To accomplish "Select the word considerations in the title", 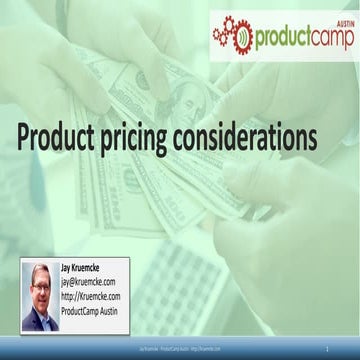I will [x=256, y=138].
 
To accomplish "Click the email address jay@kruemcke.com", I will [x=92, y=283].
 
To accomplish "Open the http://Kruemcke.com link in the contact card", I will [x=91, y=296].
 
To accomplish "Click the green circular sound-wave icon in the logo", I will [x=242, y=39].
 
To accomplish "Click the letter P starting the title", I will [x=24, y=137].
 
